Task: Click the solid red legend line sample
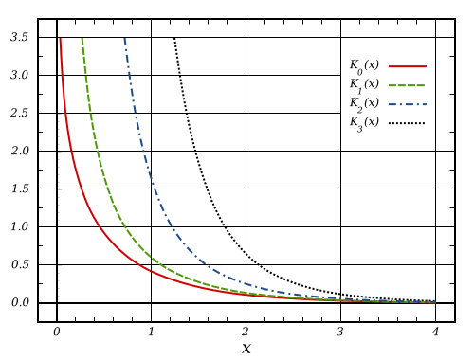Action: (407, 66)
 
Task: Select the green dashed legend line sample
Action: (407, 85)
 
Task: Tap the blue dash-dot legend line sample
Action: (409, 104)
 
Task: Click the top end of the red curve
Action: (60, 40)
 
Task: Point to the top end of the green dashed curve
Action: (82, 40)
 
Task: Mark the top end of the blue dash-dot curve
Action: (124, 40)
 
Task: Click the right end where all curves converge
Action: (434, 302)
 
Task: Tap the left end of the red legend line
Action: (389, 66)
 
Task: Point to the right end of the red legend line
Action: (426, 66)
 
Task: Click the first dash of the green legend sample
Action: (392, 85)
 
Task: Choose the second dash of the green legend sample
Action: (401, 85)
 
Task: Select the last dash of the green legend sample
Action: (420, 85)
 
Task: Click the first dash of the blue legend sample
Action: (392, 104)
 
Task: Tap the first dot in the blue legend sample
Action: (400, 104)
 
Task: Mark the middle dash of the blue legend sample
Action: (409, 104)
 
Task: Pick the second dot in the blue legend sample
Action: (417, 104)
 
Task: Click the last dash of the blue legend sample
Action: (424, 104)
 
